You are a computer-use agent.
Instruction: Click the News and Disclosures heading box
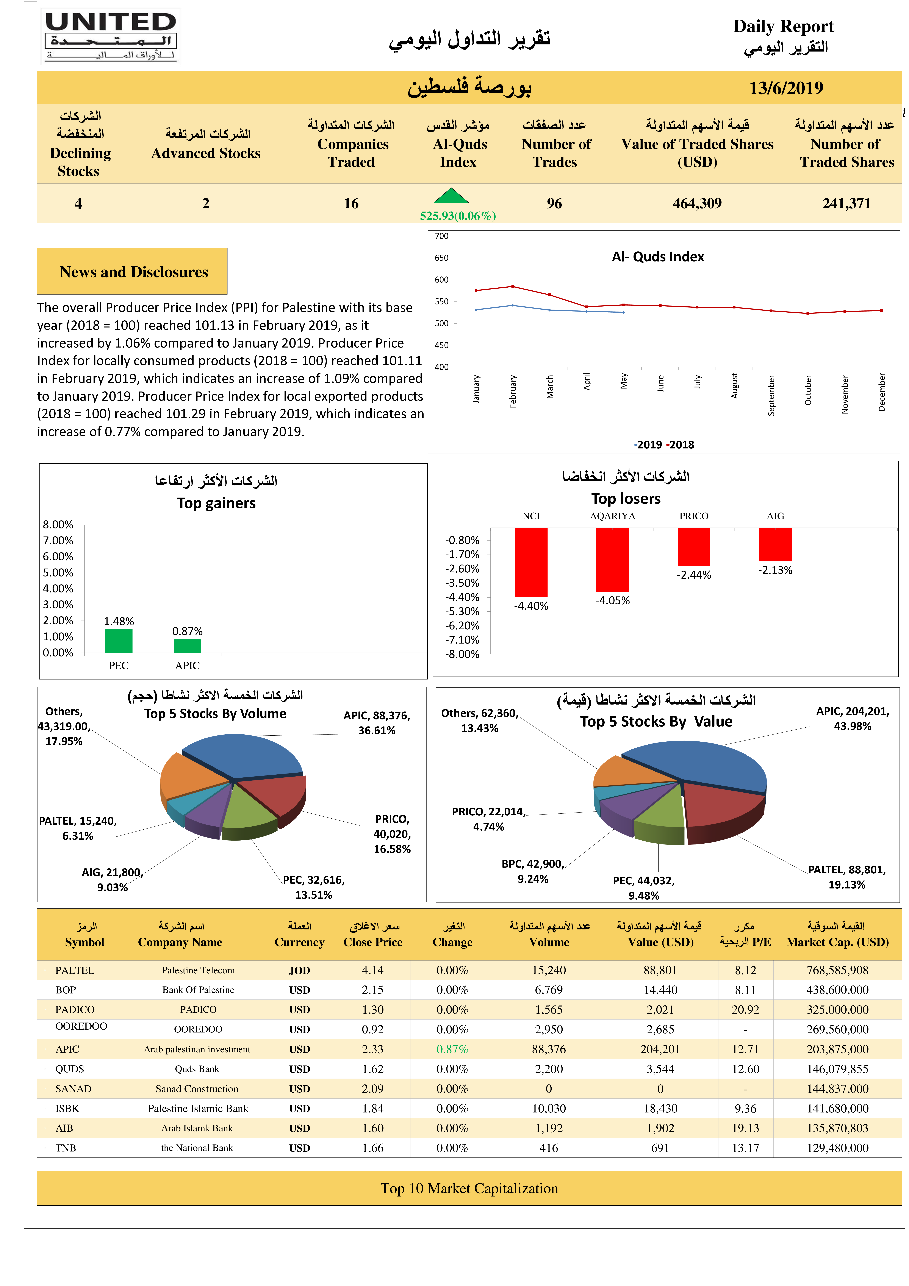(132, 272)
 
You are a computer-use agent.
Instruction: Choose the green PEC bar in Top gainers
(119, 641)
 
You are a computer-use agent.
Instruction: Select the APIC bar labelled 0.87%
(187, 646)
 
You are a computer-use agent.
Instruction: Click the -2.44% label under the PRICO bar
(694, 575)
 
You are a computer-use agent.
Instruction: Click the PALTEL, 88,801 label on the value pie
(847, 877)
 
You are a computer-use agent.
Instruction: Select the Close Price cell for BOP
(372, 990)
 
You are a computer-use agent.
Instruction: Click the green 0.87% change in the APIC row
(452, 1049)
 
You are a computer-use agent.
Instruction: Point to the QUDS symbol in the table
(69, 1069)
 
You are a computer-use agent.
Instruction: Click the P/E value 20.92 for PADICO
(745, 1009)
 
